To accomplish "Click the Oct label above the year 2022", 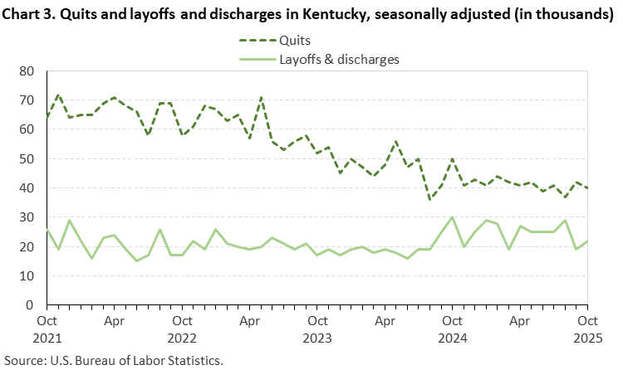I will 182,319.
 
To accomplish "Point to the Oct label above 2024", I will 452,319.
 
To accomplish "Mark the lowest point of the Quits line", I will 429,199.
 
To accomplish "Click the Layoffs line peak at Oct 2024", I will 452,217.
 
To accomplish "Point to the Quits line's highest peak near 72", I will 58,95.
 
